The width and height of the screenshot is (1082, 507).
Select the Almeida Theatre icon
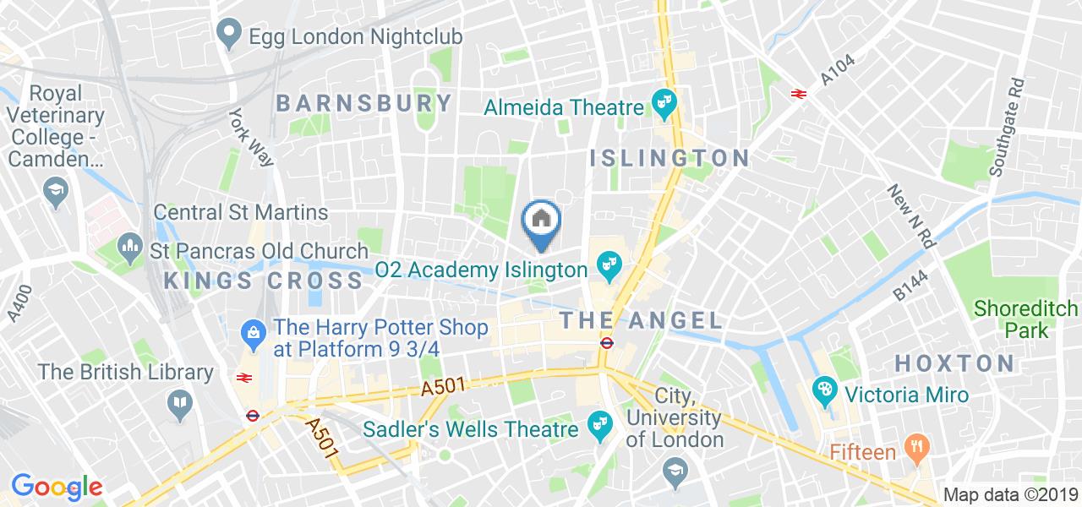pos(662,106)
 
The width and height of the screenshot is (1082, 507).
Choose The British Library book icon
pos(179,405)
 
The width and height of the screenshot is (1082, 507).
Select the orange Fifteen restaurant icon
pos(915,451)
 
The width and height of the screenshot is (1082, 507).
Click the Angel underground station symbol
pos(606,343)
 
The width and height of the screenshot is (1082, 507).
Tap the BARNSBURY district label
pos(364,104)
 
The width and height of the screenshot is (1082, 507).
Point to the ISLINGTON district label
pos(669,158)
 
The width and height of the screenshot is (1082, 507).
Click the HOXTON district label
pos(954,364)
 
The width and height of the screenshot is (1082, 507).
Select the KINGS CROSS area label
pos(264,281)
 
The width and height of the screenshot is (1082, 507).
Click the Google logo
pos(56,487)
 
